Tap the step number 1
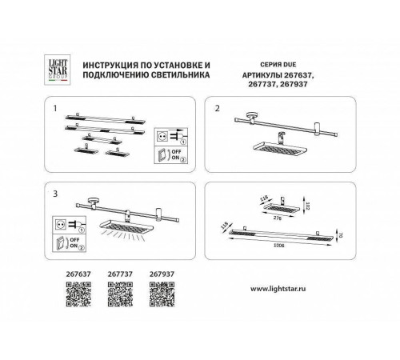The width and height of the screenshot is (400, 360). coord(54,106)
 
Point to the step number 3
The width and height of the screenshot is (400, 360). coord(54,194)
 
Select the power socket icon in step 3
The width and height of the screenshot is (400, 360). coord(59,224)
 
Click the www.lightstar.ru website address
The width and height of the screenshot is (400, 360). coord(282,289)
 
